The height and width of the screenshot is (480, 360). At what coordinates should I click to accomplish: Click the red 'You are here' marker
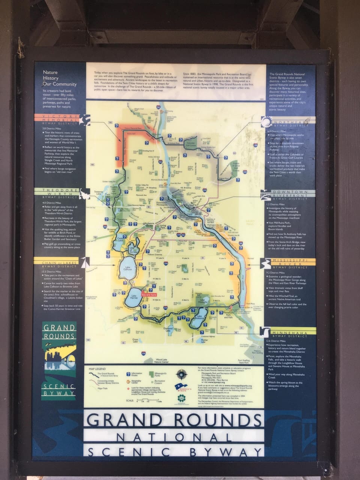pyautogui.click(x=148, y=295)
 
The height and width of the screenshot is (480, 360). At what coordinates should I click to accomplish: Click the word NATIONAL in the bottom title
pyautogui.click(x=174, y=437)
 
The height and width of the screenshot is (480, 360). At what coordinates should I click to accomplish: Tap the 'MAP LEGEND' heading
pyautogui.click(x=97, y=369)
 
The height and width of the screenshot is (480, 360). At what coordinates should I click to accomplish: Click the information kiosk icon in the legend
pyautogui.click(x=128, y=374)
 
